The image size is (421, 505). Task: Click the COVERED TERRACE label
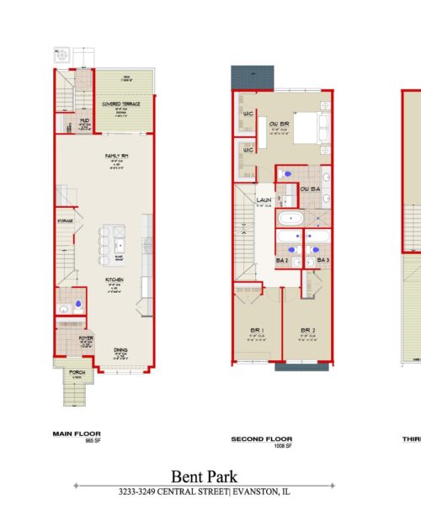122,104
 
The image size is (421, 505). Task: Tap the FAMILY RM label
117,156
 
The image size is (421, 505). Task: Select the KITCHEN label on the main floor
115,279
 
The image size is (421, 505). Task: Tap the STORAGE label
66,221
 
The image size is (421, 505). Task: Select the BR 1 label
257,330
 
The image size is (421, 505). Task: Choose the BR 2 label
306,330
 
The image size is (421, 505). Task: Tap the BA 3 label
322,262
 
